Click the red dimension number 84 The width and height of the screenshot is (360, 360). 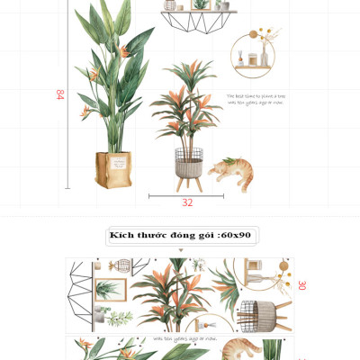(59, 94)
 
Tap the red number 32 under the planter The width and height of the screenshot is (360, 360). (187, 202)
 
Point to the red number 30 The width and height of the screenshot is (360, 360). (301, 285)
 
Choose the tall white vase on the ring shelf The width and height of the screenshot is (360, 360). (268, 58)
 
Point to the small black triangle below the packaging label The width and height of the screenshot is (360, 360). (180, 250)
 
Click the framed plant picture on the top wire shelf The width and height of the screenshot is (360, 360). (200, 5)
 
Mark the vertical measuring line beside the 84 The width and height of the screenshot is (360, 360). (67, 94)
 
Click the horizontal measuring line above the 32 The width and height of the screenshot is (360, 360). (186, 193)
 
